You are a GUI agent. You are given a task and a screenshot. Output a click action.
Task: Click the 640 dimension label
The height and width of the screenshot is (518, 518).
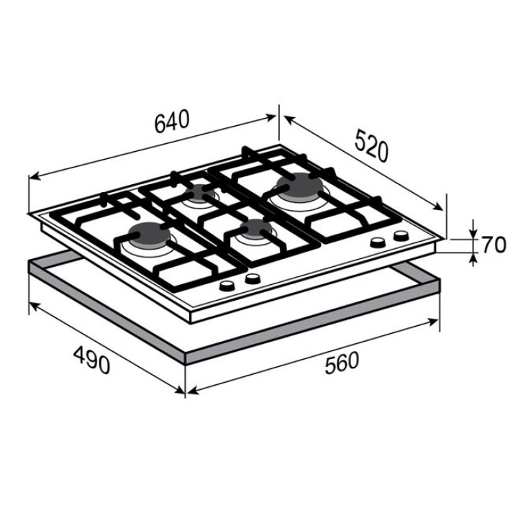[172, 121]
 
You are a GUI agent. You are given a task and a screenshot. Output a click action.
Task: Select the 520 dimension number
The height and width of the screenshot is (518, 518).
[371, 145]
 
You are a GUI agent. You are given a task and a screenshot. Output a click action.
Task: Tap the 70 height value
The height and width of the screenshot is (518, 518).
[494, 245]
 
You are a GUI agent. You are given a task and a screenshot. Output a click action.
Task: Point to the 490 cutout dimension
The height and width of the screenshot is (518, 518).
[91, 360]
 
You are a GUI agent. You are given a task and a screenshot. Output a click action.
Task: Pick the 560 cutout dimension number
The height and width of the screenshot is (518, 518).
[342, 363]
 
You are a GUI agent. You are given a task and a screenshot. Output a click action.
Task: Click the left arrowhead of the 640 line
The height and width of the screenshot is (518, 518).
[35, 177]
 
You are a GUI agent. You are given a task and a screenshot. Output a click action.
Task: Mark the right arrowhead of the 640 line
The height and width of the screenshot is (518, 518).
[271, 117]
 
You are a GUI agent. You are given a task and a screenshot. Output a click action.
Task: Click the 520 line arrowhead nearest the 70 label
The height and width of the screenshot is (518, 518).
[438, 206]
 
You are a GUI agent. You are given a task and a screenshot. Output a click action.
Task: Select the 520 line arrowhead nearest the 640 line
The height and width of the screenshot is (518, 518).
[288, 119]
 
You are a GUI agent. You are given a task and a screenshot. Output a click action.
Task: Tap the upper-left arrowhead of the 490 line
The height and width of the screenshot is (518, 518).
[34, 306]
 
